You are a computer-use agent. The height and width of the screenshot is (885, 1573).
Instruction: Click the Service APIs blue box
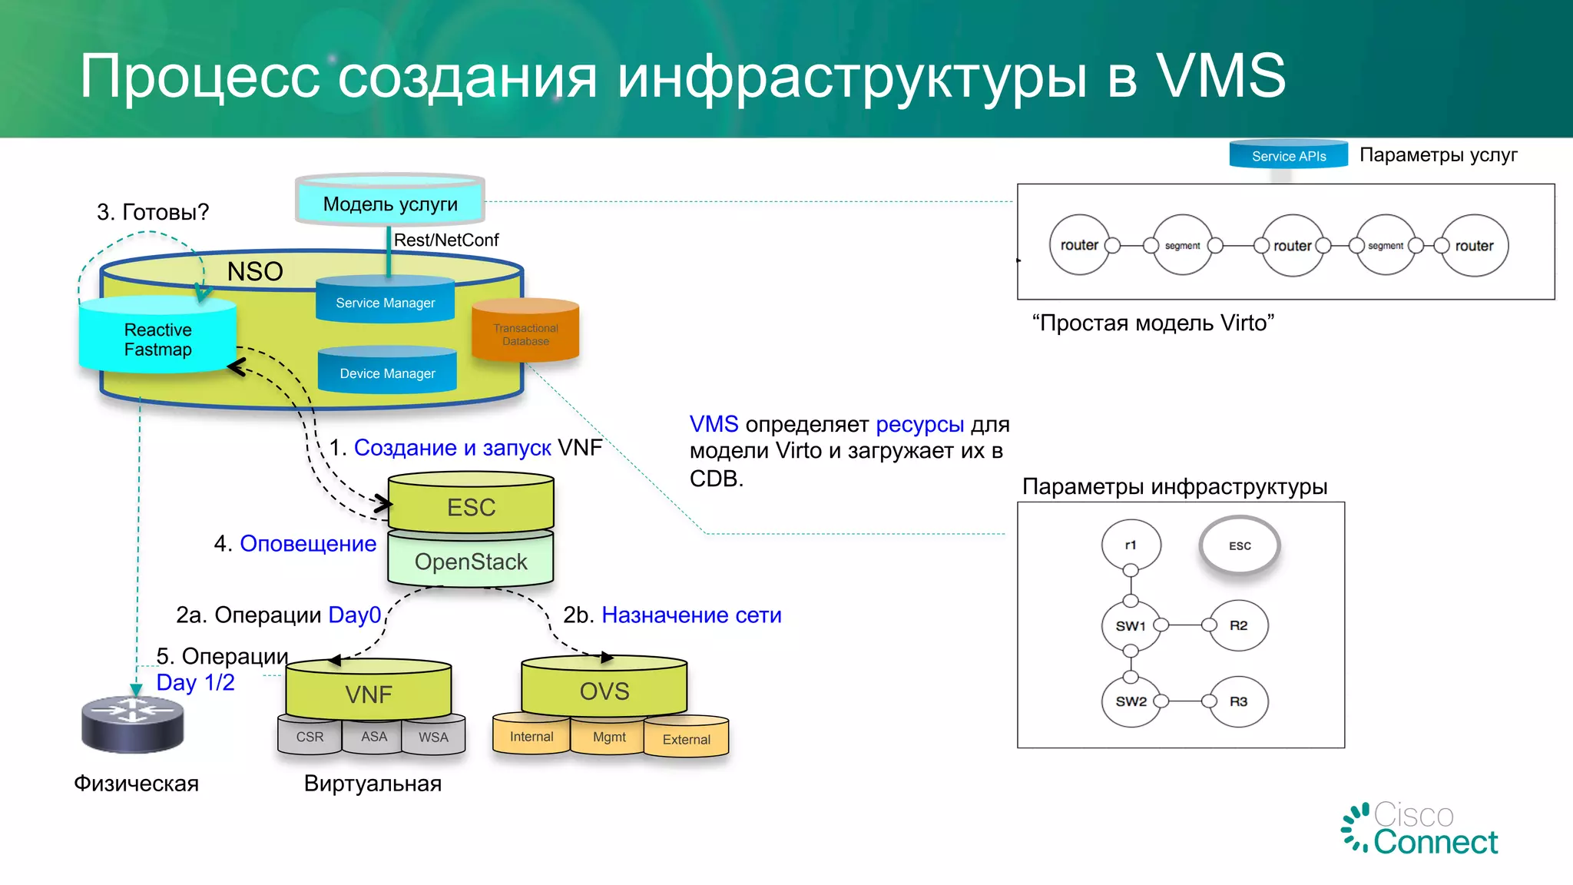1288,155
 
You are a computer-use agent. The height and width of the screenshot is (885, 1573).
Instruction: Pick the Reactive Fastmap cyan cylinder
157,339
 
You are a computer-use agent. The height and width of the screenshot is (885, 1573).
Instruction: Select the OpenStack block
471,562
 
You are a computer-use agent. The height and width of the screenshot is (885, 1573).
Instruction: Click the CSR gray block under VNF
310,737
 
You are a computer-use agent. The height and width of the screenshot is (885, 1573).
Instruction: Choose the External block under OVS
686,739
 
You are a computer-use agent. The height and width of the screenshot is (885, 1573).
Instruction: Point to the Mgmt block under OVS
609,737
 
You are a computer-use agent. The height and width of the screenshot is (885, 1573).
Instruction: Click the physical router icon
133,724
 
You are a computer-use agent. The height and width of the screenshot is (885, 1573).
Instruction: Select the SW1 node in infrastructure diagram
1131,625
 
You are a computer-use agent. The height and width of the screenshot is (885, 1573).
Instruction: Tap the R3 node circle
1238,701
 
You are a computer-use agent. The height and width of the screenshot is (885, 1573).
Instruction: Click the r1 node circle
1131,545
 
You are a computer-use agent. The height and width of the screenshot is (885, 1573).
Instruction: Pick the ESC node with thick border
1240,545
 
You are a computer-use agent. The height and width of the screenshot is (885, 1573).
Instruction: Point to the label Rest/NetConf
446,240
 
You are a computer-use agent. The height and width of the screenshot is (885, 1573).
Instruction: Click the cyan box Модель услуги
390,204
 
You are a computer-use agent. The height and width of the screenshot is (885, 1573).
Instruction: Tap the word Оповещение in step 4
308,543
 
